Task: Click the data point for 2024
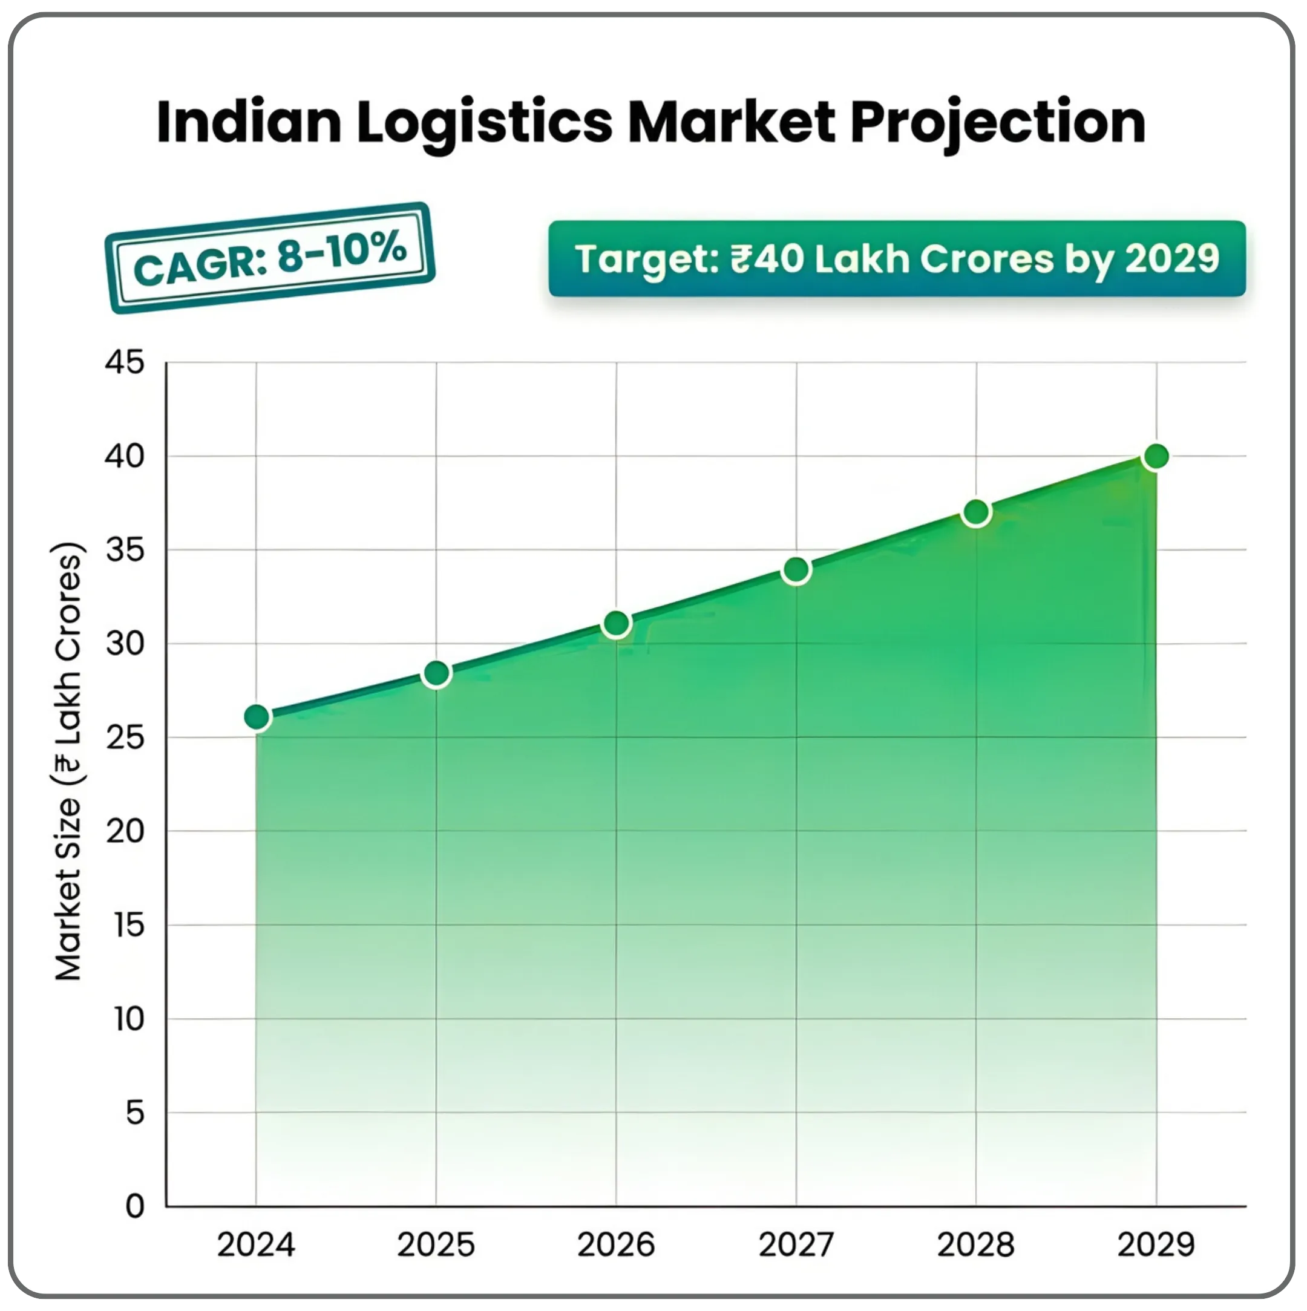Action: (257, 716)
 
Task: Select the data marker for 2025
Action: (436, 673)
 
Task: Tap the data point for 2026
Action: (616, 623)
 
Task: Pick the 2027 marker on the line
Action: (796, 569)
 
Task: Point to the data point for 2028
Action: (976, 512)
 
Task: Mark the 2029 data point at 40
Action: (1156, 457)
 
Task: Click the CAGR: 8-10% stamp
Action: (269, 258)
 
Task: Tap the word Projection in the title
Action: (998, 123)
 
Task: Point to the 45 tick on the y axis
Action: (125, 362)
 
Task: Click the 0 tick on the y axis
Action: (135, 1206)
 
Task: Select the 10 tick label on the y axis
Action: (128, 1019)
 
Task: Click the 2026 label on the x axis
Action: (615, 1244)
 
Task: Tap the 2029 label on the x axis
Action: (1155, 1244)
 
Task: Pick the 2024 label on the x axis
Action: (256, 1244)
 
